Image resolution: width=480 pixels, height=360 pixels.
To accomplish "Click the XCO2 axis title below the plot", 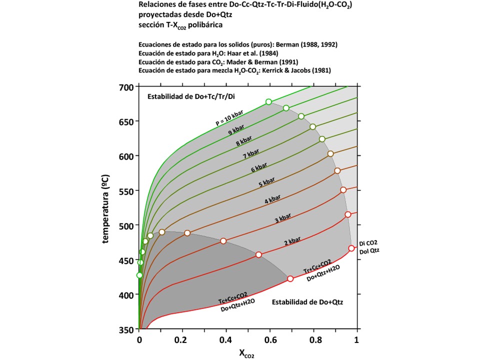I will pos(245,354).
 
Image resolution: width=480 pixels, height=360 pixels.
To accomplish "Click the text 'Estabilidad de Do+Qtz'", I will pos(307,302).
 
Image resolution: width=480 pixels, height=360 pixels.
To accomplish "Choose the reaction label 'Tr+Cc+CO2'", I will pos(316,267).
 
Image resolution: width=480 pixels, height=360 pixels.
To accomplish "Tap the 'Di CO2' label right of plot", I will pos(366,242).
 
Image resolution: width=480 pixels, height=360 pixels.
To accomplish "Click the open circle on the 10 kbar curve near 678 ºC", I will pos(268,102).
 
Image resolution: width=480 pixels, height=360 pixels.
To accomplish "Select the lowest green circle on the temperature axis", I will pos(139,275).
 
